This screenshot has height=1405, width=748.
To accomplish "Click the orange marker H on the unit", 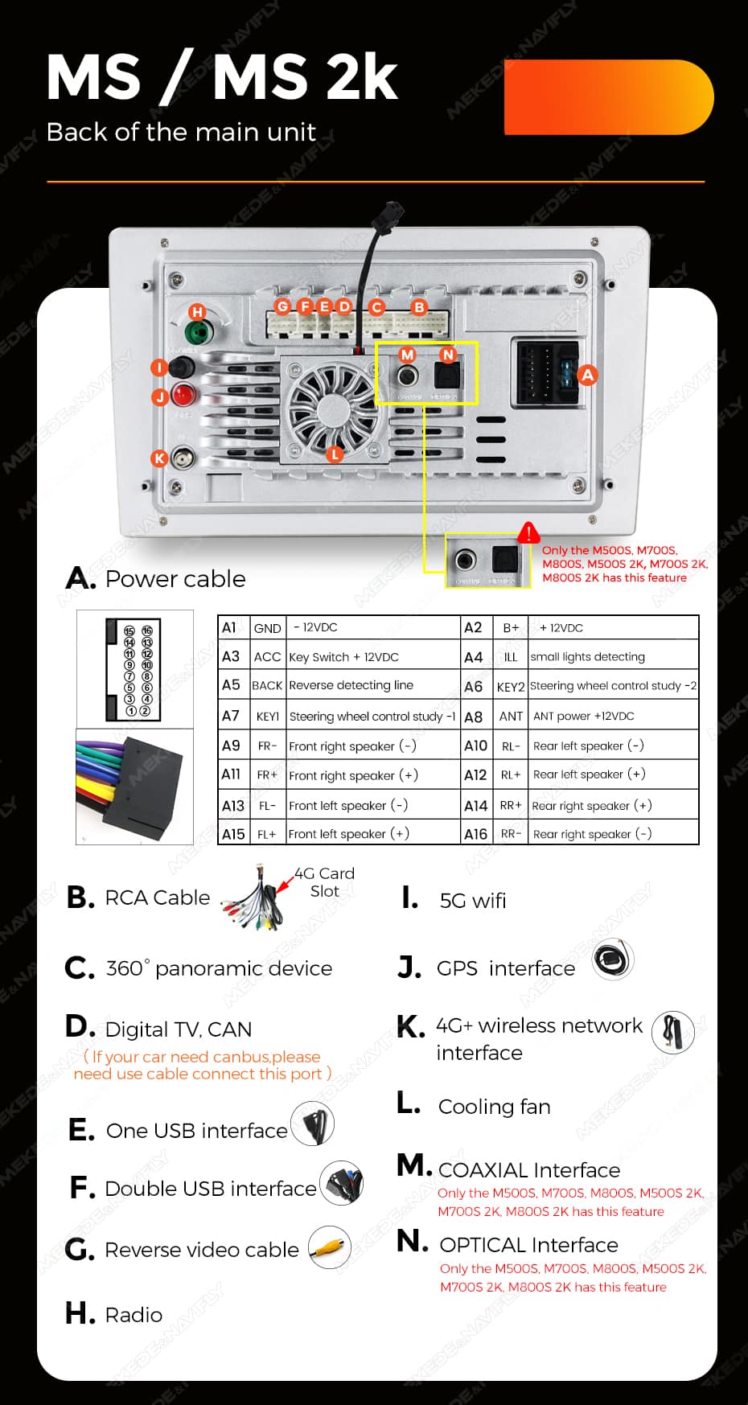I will coord(197,312).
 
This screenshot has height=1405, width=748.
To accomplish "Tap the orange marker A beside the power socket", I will coord(588,375).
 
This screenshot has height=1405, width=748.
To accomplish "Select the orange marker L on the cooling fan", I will coord(335,454).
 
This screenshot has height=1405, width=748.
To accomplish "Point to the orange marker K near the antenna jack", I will coord(159,458).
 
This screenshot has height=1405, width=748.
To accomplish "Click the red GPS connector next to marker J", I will coord(183,395).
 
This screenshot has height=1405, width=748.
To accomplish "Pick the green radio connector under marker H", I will coord(197,332).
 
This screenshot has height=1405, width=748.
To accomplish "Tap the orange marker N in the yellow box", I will coord(448,355).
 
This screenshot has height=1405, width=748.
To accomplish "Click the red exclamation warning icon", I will coord(528,532).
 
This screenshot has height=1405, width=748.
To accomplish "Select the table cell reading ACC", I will coord(267,657).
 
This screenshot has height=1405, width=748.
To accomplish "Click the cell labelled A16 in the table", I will coord(475,834).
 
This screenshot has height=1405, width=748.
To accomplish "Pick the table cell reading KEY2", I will coord(511,687).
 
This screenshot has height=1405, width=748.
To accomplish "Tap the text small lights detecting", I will coord(587,657).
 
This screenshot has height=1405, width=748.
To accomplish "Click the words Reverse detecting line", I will coord(351,685).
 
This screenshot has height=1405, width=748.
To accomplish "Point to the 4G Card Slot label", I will coord(324,882).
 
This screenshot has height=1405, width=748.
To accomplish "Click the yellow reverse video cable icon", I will coord(330,1247).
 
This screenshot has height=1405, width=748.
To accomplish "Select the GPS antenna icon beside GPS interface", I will coord(613,959).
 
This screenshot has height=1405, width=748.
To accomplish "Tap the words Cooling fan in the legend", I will coord(494,1107).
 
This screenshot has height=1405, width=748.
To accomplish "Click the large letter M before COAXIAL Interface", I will coord(413,1165).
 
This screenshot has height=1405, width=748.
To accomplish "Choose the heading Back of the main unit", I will coord(181,132).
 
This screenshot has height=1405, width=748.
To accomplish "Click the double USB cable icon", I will coord(342,1184).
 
